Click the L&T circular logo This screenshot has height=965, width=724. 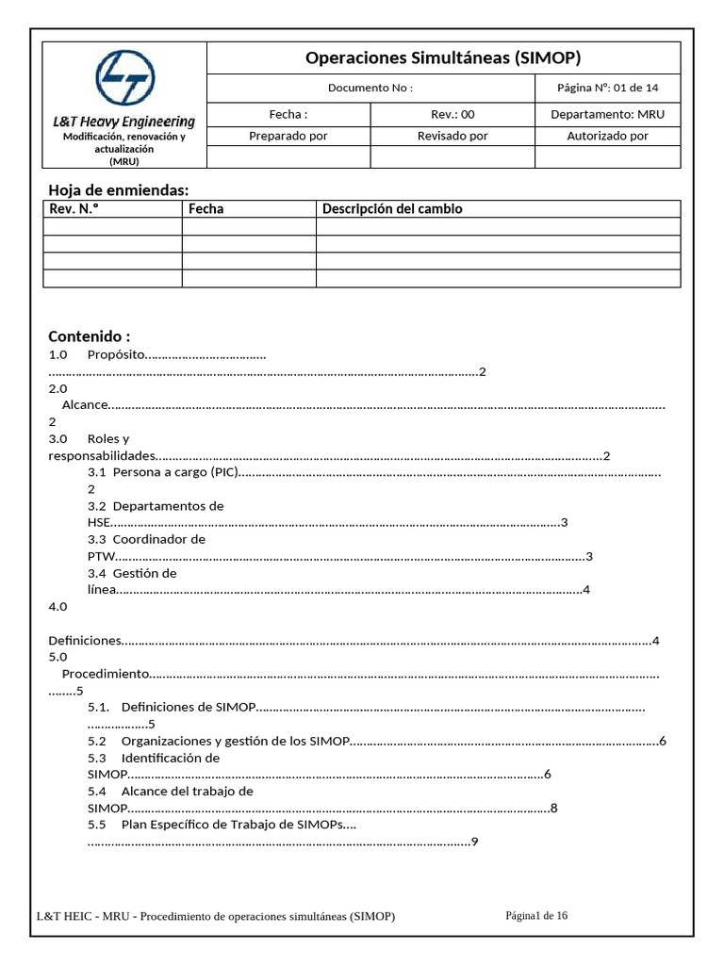coord(125,77)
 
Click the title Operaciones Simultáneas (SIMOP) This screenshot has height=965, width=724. coord(443,58)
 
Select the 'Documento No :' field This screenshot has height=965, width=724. coord(370,88)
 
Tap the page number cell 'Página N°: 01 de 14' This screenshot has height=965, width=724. coord(608,88)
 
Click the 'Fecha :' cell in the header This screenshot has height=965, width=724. coord(288,114)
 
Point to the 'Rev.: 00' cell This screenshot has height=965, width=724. coord(452,114)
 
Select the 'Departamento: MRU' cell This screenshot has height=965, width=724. coord(608,114)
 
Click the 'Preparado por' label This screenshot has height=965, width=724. coord(288,136)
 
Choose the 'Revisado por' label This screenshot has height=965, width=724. coord(452,136)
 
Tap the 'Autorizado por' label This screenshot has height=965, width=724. coord(608,136)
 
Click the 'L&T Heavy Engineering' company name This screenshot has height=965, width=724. coord(124,122)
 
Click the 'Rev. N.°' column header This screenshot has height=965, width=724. coord(74,209)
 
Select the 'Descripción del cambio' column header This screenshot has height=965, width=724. coord(392,209)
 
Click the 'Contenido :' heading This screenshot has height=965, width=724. coord(90,336)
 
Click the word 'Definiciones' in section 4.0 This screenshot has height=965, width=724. coord(85,641)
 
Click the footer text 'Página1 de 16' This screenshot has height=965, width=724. coord(536,915)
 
